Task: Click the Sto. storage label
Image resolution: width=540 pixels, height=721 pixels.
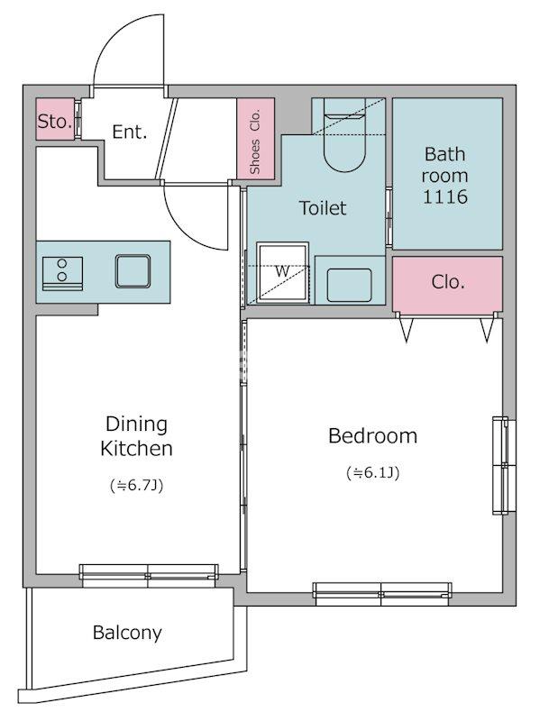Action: tap(55, 122)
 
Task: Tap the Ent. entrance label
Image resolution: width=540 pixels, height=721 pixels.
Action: tap(129, 132)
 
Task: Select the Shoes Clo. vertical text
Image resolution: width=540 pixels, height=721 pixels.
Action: tap(255, 141)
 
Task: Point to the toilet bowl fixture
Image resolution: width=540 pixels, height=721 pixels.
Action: tap(345, 136)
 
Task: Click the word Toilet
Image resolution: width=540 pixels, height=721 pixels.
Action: tap(323, 208)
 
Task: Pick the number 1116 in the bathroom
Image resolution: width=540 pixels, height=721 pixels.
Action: tap(444, 196)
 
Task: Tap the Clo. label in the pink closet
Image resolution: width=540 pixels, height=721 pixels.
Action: tap(448, 282)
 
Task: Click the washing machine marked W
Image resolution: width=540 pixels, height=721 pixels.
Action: tap(282, 273)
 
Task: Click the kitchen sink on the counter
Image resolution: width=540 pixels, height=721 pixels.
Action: tap(133, 271)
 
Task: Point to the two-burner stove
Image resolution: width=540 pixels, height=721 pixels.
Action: tap(62, 273)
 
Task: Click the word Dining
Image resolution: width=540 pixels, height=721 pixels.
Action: tap(136, 424)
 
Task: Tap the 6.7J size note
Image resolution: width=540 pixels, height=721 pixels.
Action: tap(137, 485)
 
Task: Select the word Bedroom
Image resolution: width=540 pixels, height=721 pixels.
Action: tap(372, 436)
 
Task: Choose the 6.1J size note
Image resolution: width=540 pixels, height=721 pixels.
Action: tap(372, 472)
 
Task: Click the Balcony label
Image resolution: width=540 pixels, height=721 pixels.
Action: tap(127, 633)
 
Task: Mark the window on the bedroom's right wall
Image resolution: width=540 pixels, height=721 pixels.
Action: tap(504, 465)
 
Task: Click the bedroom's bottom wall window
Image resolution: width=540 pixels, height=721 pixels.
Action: tap(381, 594)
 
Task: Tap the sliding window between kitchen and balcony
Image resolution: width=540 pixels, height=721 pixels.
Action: tap(148, 576)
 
